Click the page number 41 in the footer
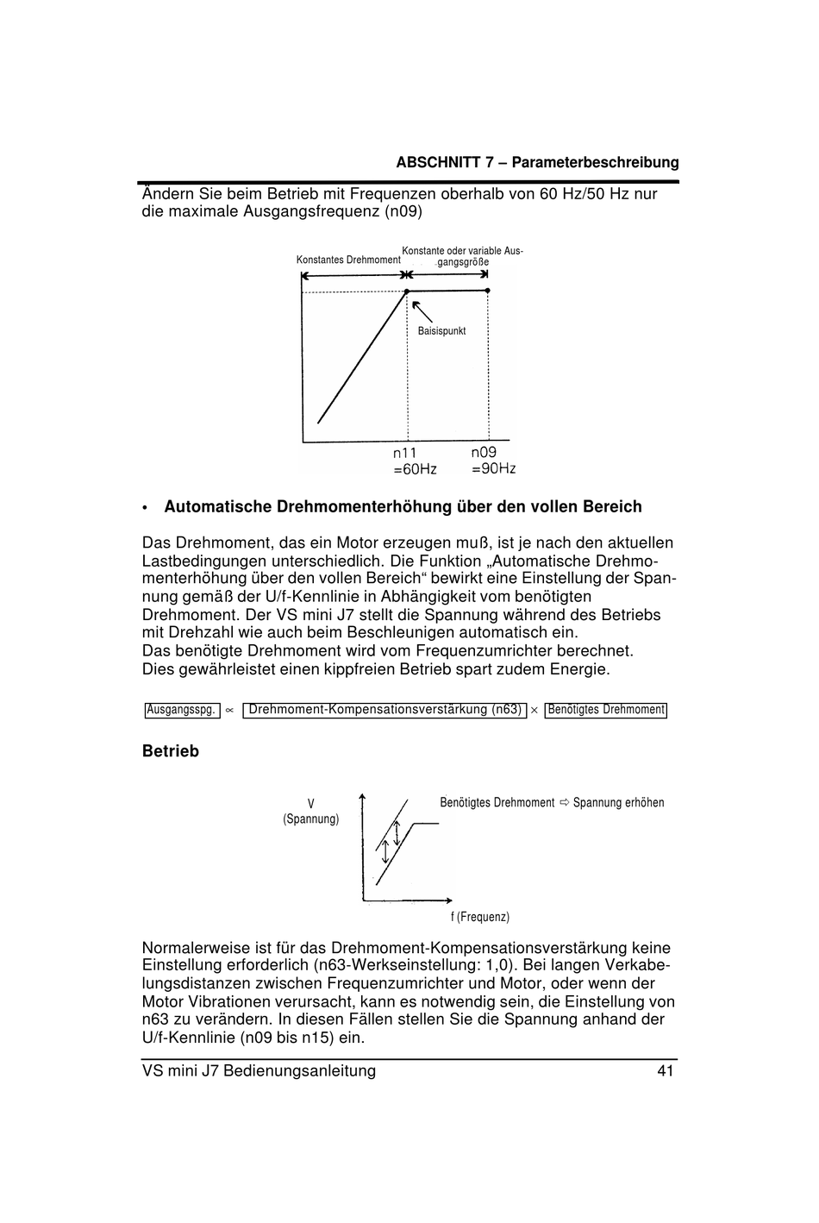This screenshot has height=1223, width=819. pyautogui.click(x=665, y=1071)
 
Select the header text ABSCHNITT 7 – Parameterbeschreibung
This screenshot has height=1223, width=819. pyautogui.click(x=537, y=162)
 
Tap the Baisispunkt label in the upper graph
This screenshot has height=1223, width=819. pyautogui.click(x=441, y=331)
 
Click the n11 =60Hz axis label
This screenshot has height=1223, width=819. pyautogui.click(x=414, y=461)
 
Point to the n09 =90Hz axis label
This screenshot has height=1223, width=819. pyautogui.click(x=493, y=461)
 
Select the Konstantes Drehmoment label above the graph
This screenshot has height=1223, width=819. pyautogui.click(x=348, y=260)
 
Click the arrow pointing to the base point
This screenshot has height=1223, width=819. pyautogui.click(x=421, y=311)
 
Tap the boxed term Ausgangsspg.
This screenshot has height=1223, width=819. pyautogui.click(x=181, y=710)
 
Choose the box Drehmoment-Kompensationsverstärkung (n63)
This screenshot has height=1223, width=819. pyautogui.click(x=384, y=710)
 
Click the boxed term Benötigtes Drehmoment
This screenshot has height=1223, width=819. pyautogui.click(x=606, y=710)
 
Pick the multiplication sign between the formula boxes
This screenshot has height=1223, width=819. pyautogui.click(x=535, y=711)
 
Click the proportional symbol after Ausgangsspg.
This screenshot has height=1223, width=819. pyautogui.click(x=229, y=711)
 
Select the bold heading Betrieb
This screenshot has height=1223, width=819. pyautogui.click(x=171, y=751)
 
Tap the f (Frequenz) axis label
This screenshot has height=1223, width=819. pyautogui.click(x=480, y=917)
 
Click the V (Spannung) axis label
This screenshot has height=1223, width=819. pyautogui.click(x=311, y=811)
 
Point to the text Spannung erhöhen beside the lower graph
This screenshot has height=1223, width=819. pyautogui.click(x=618, y=803)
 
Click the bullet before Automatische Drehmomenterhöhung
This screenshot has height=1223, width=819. pyautogui.click(x=147, y=508)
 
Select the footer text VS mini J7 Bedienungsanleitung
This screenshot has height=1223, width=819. pyautogui.click(x=259, y=1071)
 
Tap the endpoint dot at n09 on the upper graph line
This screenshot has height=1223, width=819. pyautogui.click(x=488, y=291)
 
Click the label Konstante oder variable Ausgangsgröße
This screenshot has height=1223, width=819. pyautogui.click(x=463, y=256)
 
